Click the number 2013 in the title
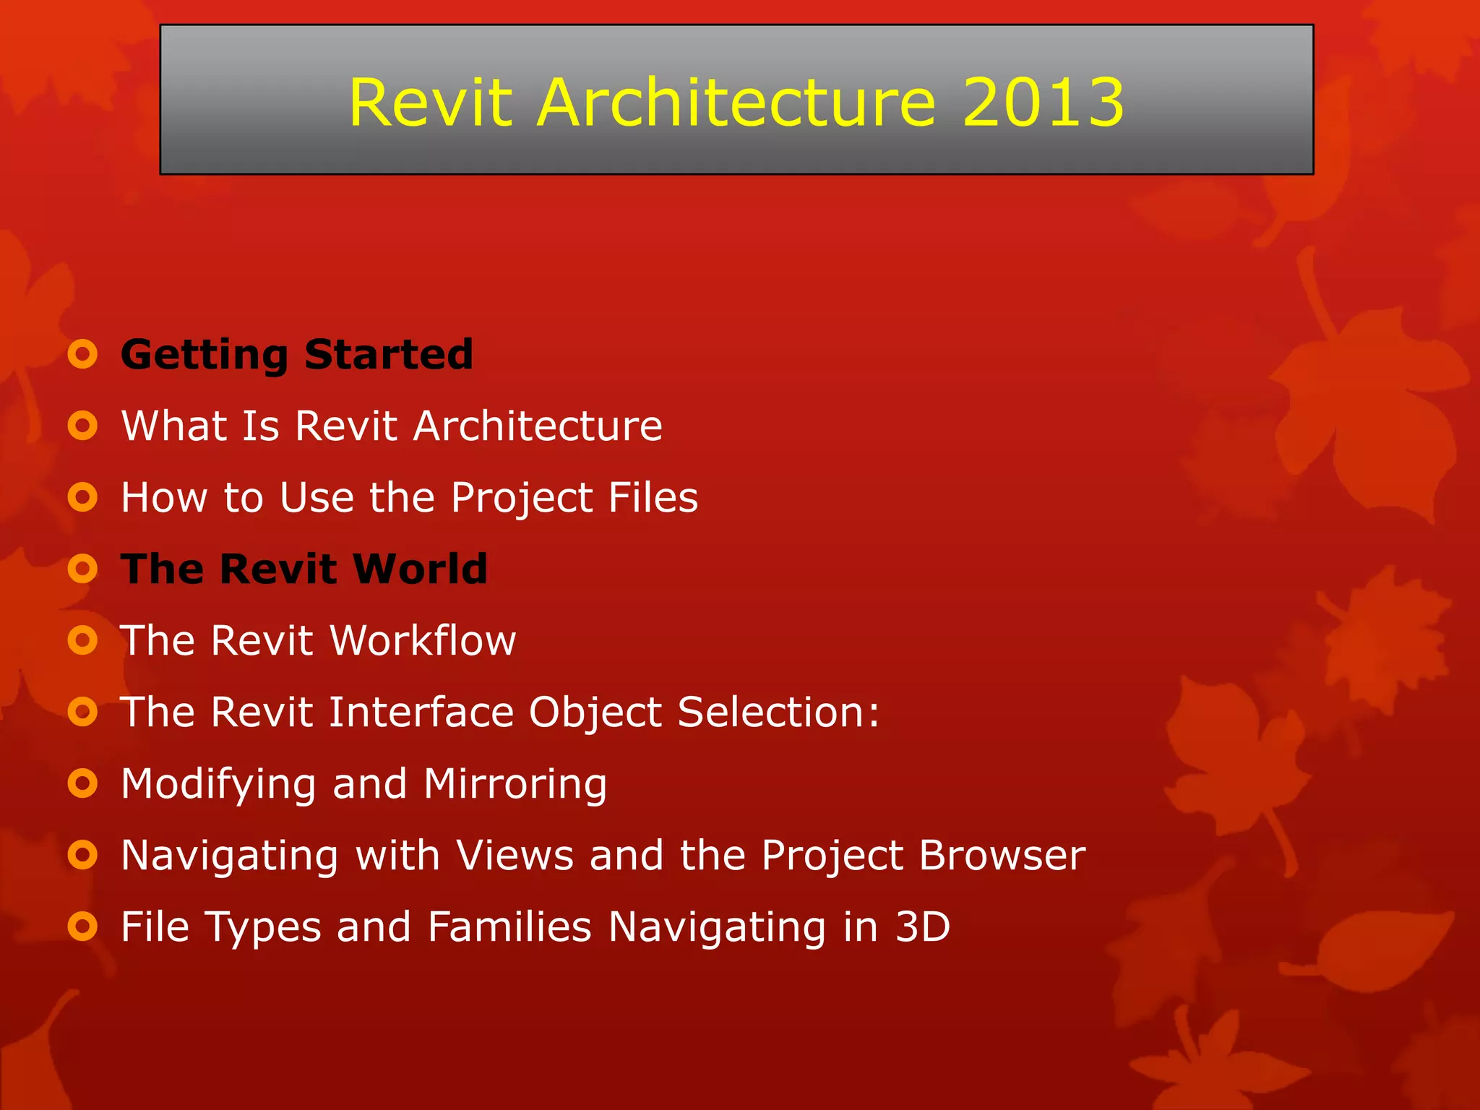[1043, 103]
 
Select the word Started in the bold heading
[388, 354]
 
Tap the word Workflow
[423, 640]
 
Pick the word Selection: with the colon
[778, 712]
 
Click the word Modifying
[218, 785]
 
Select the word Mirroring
[515, 785]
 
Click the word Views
[515, 856]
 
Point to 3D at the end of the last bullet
[922, 927]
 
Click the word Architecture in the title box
[736, 103]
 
